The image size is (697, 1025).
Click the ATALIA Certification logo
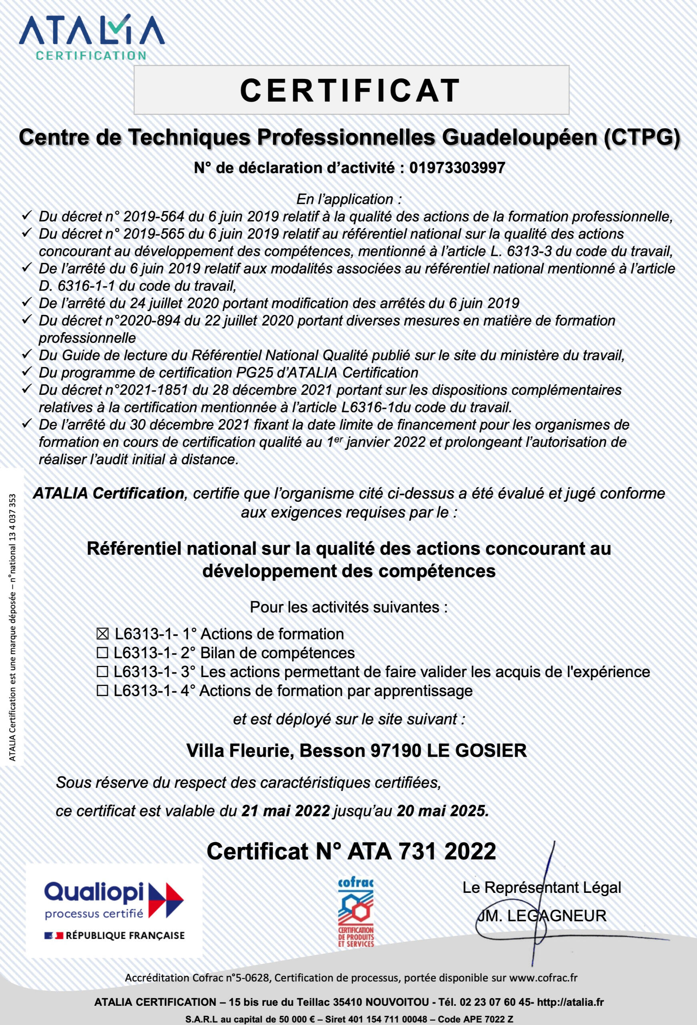(x=91, y=38)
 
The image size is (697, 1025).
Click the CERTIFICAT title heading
(x=350, y=90)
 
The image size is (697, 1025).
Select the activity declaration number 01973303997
(x=457, y=168)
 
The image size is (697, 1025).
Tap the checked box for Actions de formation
(x=102, y=634)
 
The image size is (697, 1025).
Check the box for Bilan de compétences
(x=102, y=653)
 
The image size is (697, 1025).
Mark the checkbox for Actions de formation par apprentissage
(x=102, y=691)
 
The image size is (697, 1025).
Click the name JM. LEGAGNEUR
(x=542, y=916)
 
